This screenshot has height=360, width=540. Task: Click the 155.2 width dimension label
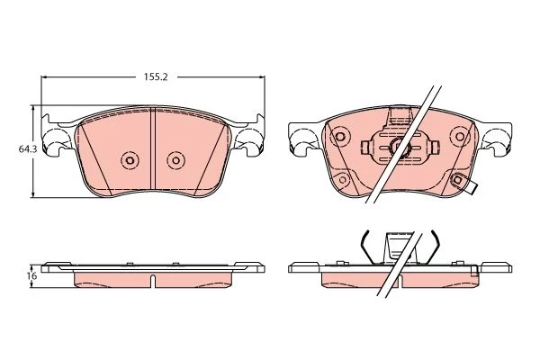156,77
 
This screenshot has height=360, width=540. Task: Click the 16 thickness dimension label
33,276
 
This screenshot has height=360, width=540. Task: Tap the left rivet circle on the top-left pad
130,160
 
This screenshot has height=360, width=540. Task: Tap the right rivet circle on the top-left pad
176,160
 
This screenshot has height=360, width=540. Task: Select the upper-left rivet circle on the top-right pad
339,137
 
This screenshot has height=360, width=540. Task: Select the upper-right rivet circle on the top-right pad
460,137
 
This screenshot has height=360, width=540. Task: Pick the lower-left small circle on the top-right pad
343,179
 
